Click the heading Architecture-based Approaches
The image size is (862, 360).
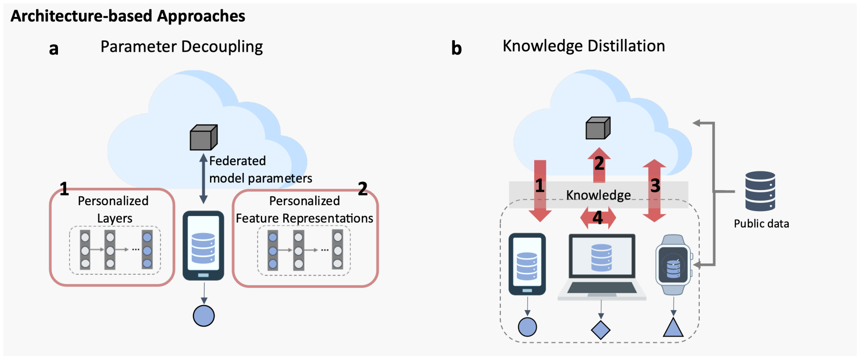click(x=128, y=16)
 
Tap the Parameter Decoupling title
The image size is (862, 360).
click(x=181, y=46)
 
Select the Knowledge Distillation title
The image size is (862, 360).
click(x=584, y=46)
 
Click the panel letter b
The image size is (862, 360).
click(x=456, y=48)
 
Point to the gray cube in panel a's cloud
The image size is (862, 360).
click(x=203, y=137)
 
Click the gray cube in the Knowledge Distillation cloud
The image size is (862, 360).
click(x=598, y=128)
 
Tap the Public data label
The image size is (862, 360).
click(x=761, y=223)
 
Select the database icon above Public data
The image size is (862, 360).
click(x=760, y=191)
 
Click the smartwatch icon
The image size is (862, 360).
click(x=673, y=265)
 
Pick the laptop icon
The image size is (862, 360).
click(x=602, y=267)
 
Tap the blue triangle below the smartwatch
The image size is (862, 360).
click(x=673, y=328)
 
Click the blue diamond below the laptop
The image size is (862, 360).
click(x=601, y=330)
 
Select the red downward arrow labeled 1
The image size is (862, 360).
click(x=540, y=191)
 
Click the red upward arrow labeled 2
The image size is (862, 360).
click(x=599, y=166)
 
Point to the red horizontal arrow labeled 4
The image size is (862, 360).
click(x=598, y=218)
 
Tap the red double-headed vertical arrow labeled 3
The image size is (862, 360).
click(x=654, y=191)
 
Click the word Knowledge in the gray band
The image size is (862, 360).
click(x=598, y=195)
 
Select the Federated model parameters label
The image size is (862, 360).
click(x=260, y=170)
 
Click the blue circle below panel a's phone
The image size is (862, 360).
click(x=204, y=316)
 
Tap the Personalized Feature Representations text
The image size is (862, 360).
click(x=305, y=209)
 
